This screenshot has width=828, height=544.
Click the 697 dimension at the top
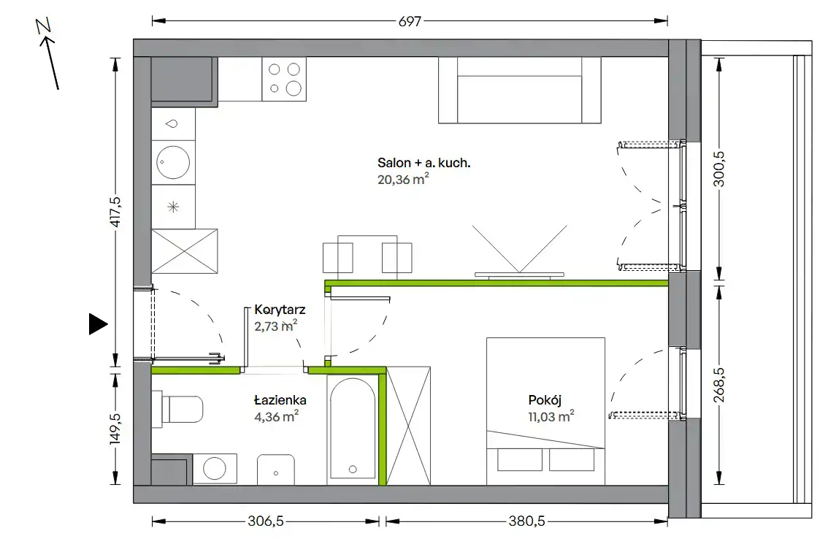tap(410, 21)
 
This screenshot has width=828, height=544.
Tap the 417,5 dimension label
tap(115, 212)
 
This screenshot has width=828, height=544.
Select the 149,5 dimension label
tap(115, 429)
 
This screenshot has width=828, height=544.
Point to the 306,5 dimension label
tap(266, 521)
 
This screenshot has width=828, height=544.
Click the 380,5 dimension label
tap(526, 521)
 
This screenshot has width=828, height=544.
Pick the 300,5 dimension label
tap(718, 169)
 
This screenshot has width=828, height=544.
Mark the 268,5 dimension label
tap(718, 385)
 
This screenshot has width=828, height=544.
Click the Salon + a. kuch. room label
tap(423, 163)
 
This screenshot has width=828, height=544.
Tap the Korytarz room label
tap(280, 310)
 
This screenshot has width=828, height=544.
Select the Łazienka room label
tap(280, 400)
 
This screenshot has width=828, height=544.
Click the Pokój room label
tap(545, 400)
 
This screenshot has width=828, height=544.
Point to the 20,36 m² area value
tap(403, 179)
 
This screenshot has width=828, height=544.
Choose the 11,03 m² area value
tap(551, 416)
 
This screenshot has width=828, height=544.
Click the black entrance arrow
tap(98, 323)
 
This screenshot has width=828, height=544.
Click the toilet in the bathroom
tap(177, 410)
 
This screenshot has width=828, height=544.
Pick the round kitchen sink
tap(173, 161)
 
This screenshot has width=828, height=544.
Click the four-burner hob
tap(284, 79)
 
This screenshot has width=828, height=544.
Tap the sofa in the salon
tap(520, 91)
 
